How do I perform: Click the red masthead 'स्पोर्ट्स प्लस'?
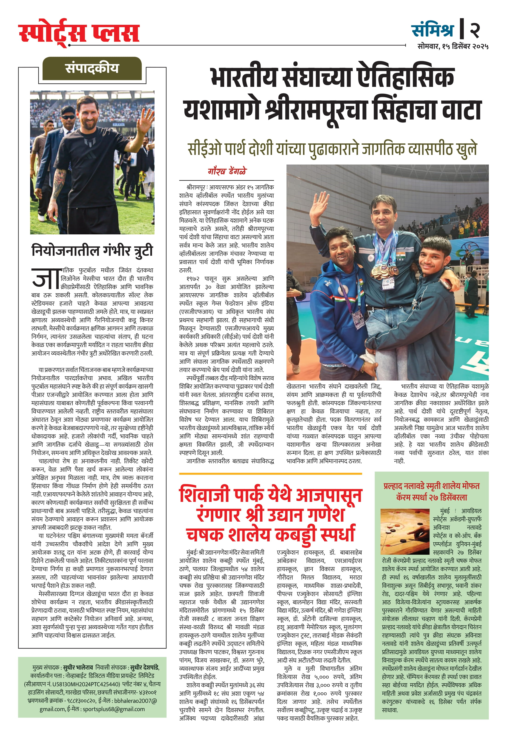79,33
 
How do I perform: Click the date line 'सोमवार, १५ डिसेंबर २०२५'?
453,46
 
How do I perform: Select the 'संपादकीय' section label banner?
92,68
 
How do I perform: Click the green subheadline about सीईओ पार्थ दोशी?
332,149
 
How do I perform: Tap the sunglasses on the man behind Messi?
68,117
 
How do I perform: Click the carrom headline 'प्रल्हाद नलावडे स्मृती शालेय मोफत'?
431,486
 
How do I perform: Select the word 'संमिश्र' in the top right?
433,30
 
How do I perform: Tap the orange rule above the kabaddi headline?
270,474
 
